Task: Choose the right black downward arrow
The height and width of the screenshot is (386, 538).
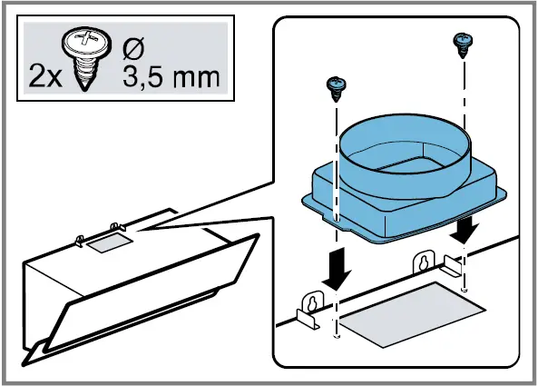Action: (x=466, y=228)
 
